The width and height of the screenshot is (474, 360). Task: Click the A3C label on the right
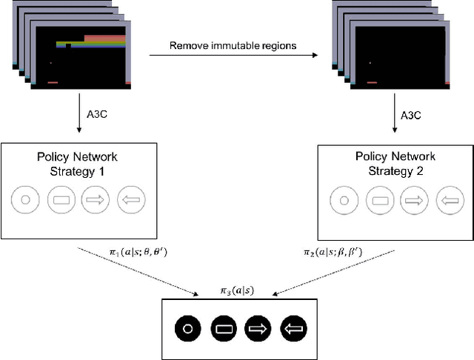tap(410, 116)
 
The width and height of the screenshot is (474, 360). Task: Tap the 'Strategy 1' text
tap(77, 170)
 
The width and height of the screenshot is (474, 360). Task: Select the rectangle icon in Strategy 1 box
tap(61, 199)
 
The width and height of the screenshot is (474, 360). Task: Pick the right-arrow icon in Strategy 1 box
tap(96, 199)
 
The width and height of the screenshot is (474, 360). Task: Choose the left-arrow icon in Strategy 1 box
tap(130, 199)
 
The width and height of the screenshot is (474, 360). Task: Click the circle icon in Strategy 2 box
tap(341, 200)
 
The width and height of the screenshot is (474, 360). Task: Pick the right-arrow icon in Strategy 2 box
tap(414, 200)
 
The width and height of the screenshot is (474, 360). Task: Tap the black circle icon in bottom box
tap(188, 327)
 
